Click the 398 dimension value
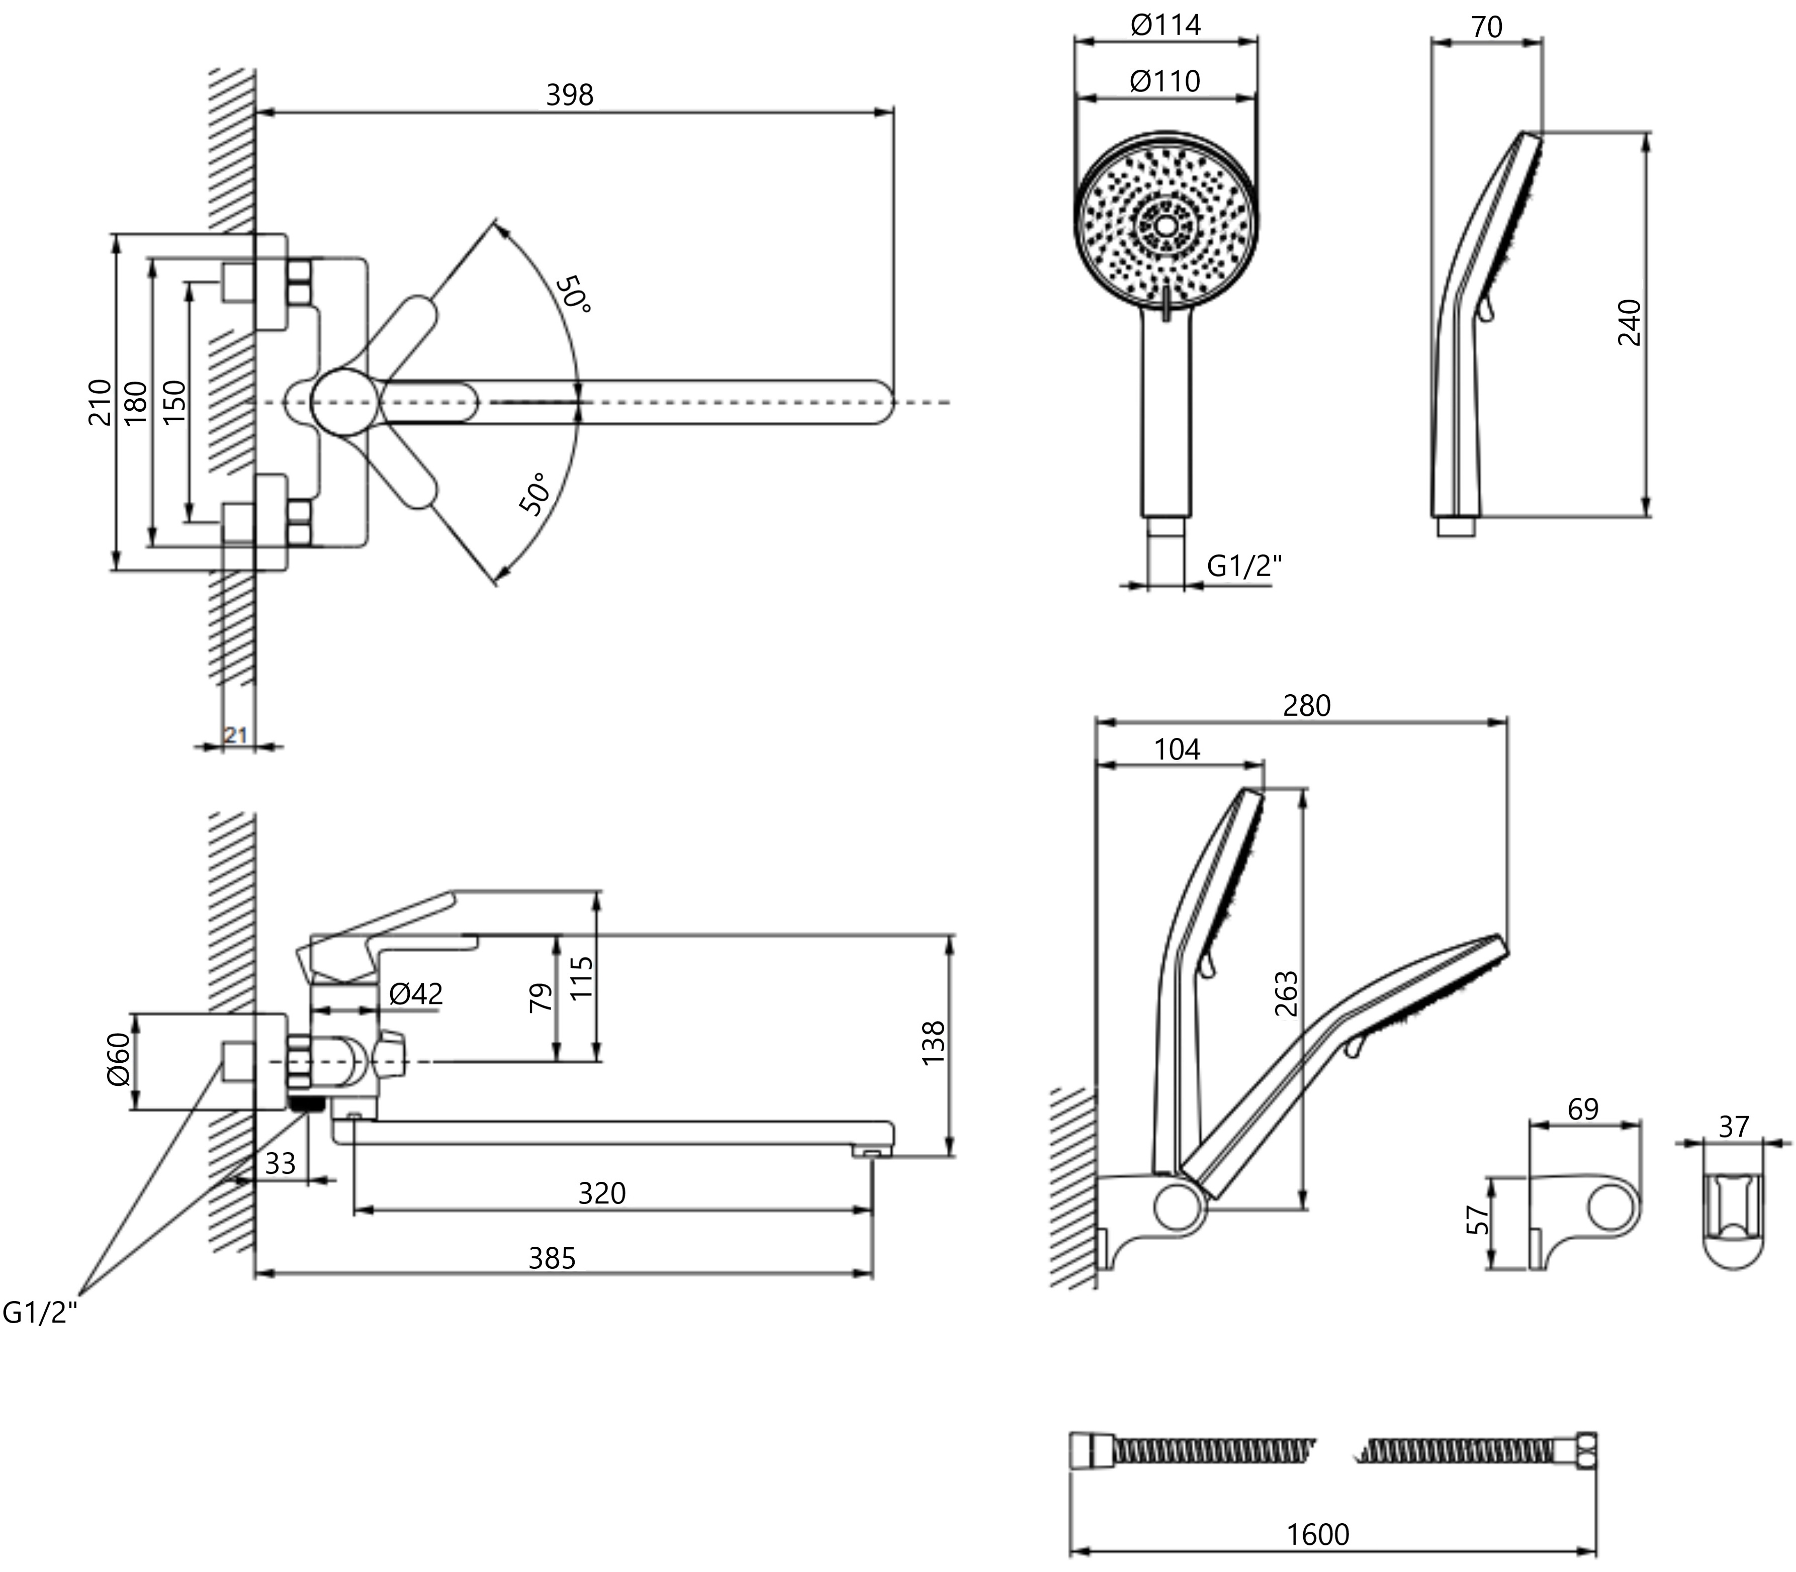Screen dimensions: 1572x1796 pyautogui.click(x=570, y=95)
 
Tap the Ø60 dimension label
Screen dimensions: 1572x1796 pyautogui.click(x=119, y=1060)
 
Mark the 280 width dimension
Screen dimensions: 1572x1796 pyautogui.click(x=1306, y=705)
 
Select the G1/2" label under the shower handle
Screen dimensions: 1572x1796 pyautogui.click(x=1244, y=567)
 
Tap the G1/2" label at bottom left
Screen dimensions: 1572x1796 pyautogui.click(x=40, y=1312)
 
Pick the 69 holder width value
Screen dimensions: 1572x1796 pyautogui.click(x=1583, y=1109)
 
